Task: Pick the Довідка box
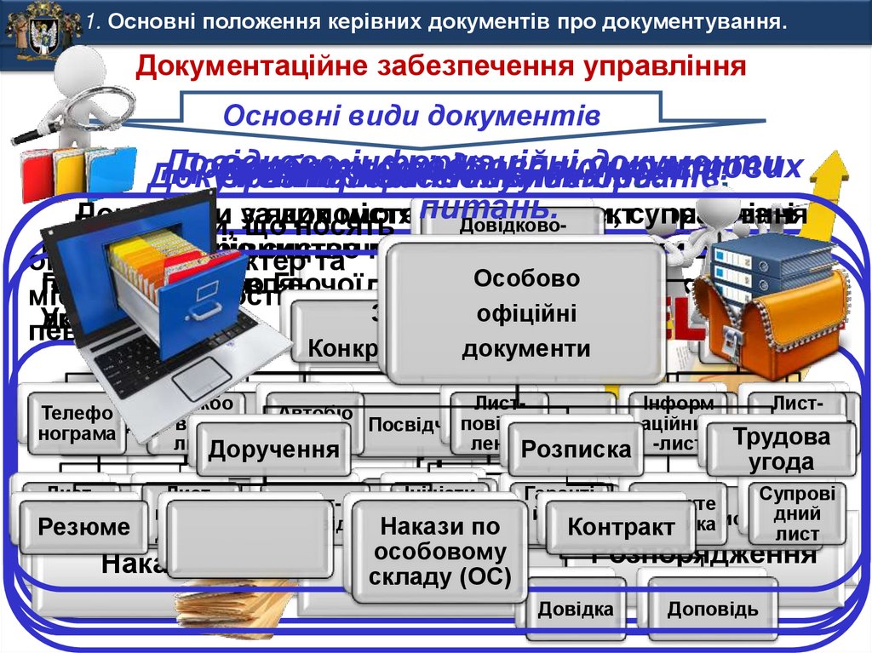coord(576,610)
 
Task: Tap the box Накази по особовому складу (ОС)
coord(439,552)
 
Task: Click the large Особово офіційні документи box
coord(525,313)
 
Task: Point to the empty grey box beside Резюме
coord(250,538)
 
